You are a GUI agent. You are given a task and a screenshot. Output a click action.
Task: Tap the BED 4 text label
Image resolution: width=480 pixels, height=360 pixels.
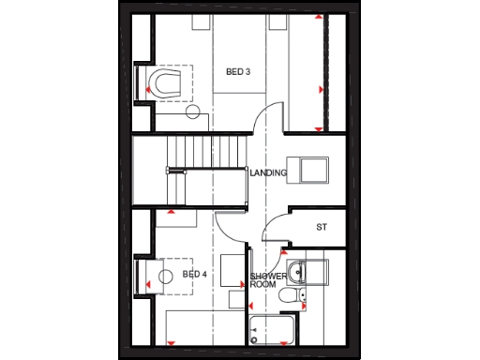click(194, 275)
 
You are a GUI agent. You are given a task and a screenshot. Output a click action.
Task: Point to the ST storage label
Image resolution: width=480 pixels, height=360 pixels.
click(321, 227)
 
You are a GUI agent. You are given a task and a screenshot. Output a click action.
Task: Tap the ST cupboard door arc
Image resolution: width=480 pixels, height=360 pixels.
click(274, 231)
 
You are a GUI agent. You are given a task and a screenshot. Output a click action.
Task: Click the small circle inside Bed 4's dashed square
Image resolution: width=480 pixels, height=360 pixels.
click(166, 276)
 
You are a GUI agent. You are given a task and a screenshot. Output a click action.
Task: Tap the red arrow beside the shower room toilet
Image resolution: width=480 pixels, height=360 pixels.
click(306, 299)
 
